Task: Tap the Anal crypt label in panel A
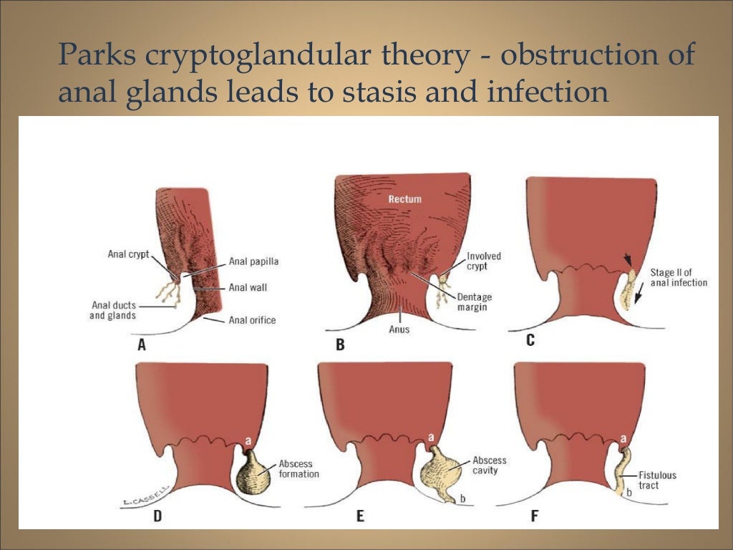click(127, 254)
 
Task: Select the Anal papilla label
click(253, 261)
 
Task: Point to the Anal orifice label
click(252, 320)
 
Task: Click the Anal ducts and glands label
click(114, 310)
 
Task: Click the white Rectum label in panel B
click(405, 199)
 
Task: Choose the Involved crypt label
click(484, 261)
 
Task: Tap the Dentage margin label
click(474, 301)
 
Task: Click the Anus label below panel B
click(399, 329)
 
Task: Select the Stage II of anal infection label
click(679, 277)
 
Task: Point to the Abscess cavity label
click(490, 465)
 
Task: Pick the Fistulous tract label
click(659, 480)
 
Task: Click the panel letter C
click(530, 340)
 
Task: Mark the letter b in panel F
click(629, 493)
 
